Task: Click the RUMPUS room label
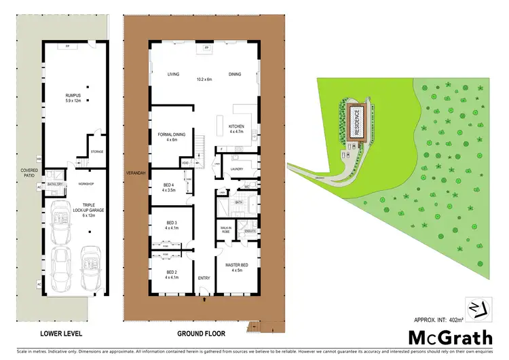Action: (x=73, y=96)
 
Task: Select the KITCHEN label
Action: (x=235, y=127)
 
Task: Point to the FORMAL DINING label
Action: (x=167, y=135)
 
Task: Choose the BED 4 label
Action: (x=169, y=185)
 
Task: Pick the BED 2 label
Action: (x=172, y=273)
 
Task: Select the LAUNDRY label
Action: (x=237, y=169)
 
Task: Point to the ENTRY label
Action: (x=204, y=278)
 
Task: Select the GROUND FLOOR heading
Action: (x=201, y=334)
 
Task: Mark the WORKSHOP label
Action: (x=86, y=184)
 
